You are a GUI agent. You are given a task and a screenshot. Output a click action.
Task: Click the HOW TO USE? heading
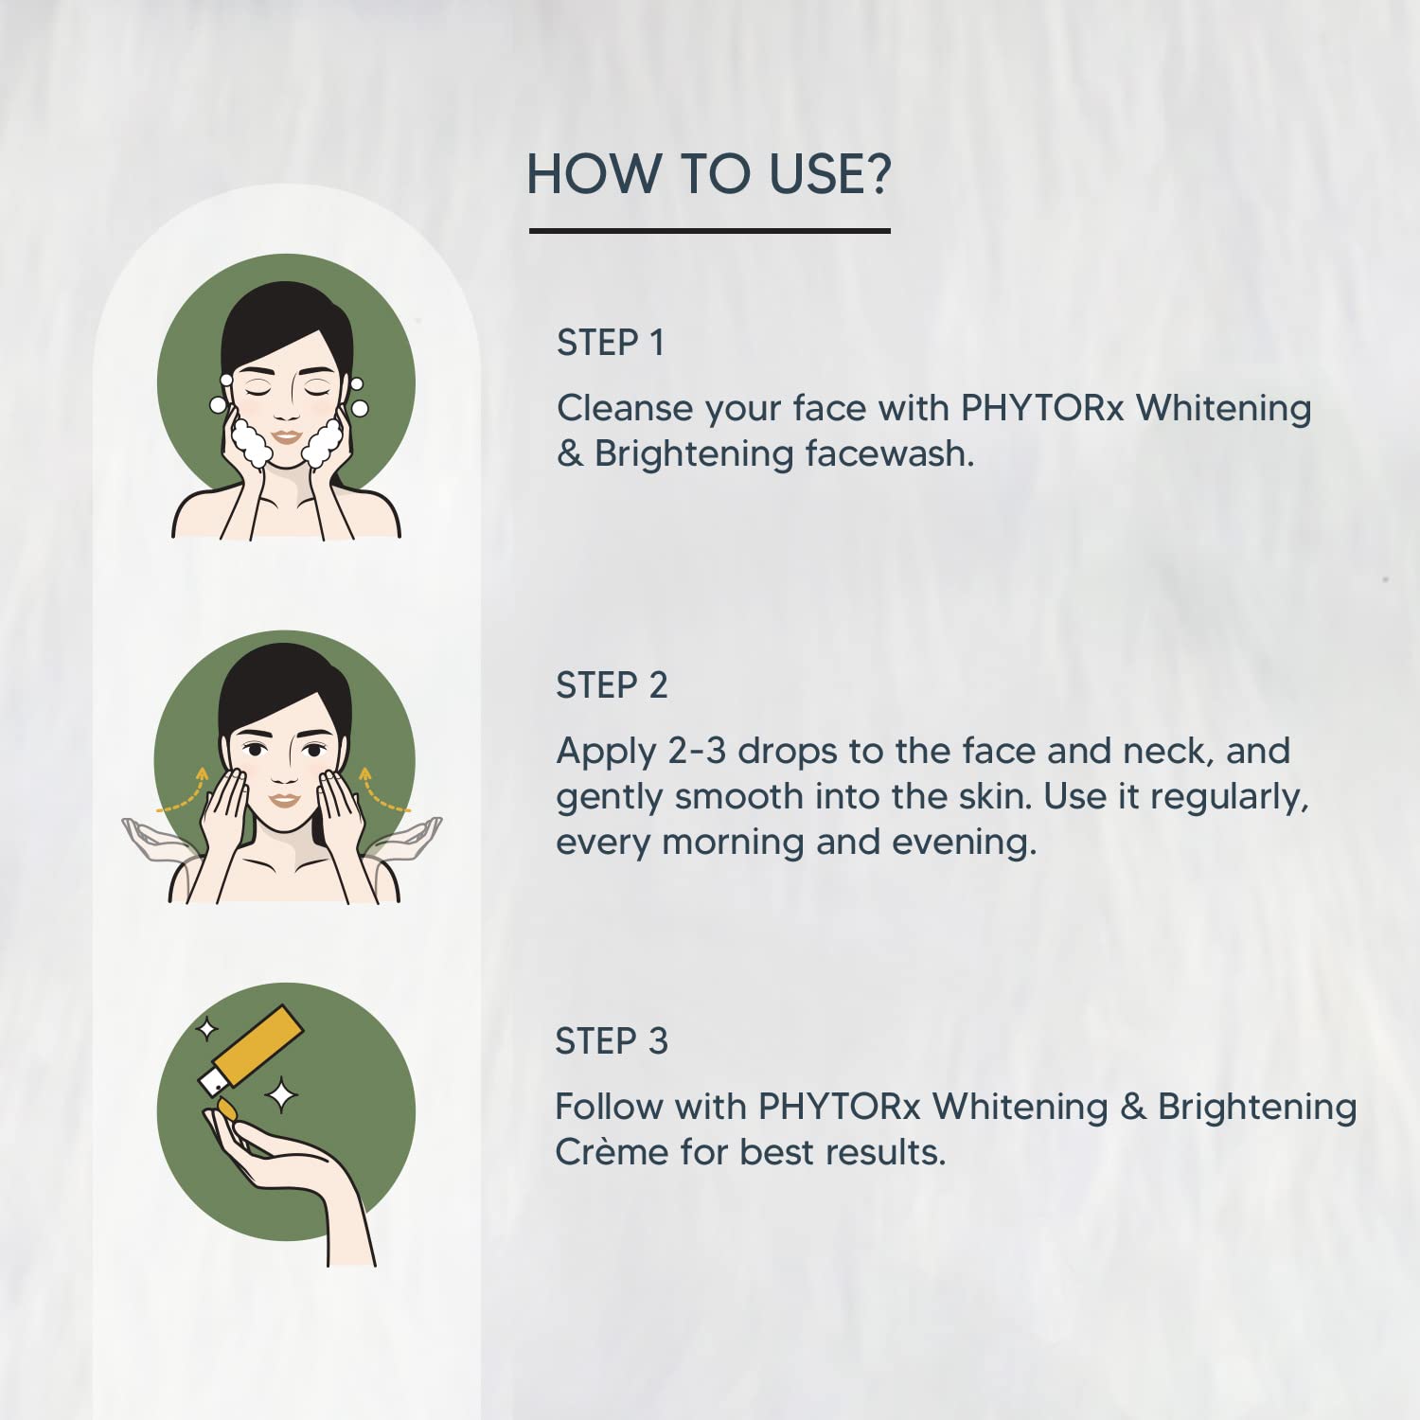(709, 174)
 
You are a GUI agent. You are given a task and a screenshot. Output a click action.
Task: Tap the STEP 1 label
(611, 343)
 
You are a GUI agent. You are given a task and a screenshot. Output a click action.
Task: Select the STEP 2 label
(612, 685)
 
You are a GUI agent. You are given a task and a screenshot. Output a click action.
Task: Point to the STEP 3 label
(612, 1041)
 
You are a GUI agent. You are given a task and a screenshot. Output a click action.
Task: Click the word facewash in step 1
(890, 453)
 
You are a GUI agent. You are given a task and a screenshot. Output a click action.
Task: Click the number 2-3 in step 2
(698, 751)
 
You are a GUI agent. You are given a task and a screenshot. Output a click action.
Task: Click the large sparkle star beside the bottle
(281, 1095)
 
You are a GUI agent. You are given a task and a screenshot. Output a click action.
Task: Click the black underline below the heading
(710, 230)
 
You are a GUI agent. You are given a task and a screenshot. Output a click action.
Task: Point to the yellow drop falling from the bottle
(227, 1108)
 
